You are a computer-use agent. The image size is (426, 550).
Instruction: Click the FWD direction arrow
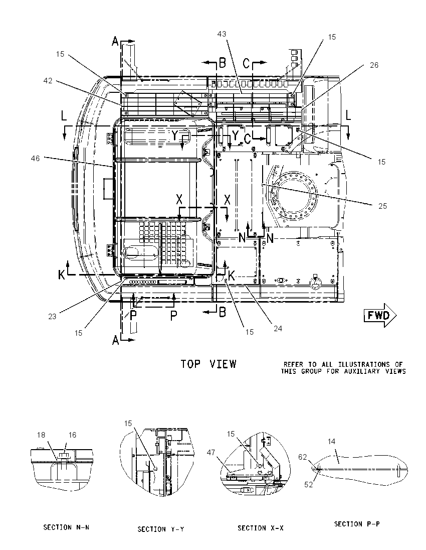380,315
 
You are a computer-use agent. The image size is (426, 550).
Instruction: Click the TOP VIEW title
208,364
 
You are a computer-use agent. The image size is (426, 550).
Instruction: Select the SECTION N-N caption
66,527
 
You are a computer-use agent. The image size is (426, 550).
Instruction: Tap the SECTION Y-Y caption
161,529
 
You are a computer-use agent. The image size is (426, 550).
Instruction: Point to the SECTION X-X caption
261,528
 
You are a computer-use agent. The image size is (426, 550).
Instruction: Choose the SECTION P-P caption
357,524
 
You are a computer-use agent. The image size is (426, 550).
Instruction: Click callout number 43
222,34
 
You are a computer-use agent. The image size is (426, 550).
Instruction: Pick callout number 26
374,65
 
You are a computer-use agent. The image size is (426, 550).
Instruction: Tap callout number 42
48,81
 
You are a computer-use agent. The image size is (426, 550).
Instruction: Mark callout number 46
36,159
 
